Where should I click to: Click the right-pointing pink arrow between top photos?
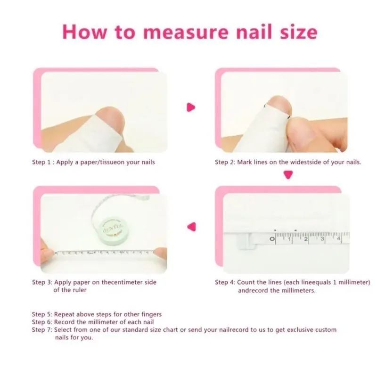pyautogui.click(x=191, y=107)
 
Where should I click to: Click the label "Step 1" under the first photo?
pyautogui.click(x=41, y=162)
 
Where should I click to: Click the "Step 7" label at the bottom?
pyautogui.click(x=41, y=330)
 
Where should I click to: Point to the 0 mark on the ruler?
pyautogui.click(x=272, y=239)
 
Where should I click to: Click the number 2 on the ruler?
pyautogui.click(x=306, y=239)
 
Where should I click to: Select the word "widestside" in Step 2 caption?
pyautogui.click(x=303, y=162)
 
